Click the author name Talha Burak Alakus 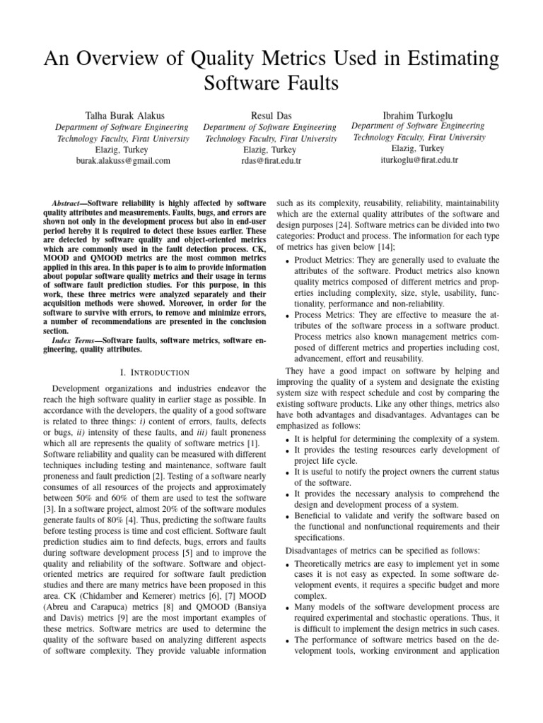click(123, 115)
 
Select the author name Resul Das click(270, 115)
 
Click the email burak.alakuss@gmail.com click(123, 161)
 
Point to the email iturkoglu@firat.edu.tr click(419, 160)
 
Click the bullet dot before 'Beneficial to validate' click(286, 517)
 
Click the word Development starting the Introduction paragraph click(80, 388)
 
